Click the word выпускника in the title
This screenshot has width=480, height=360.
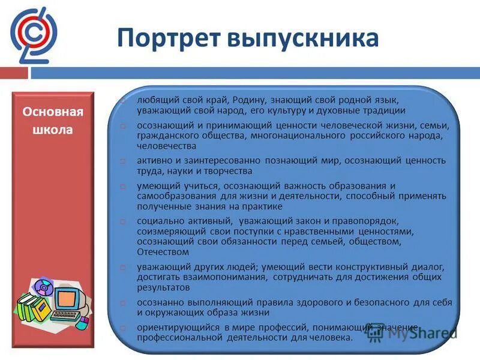(x=303, y=38)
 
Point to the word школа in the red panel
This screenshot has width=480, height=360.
(x=53, y=130)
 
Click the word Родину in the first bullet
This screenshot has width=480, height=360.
(x=245, y=100)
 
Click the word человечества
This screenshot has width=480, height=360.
(x=166, y=146)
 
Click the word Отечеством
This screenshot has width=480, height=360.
(x=163, y=252)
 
